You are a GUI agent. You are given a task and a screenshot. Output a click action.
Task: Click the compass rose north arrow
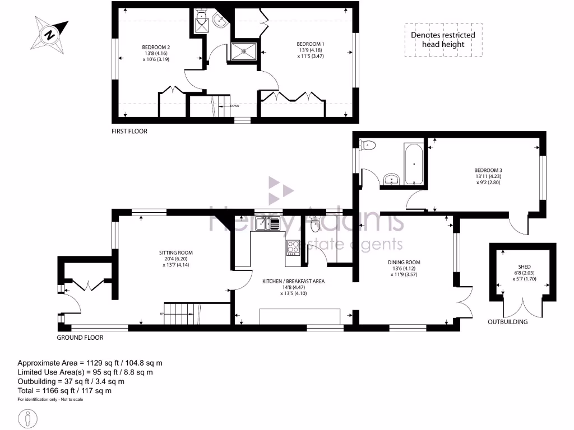[50, 34]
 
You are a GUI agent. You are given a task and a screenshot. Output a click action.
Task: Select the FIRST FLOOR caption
[129, 131]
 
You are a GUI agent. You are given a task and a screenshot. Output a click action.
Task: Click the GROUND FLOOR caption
[80, 338]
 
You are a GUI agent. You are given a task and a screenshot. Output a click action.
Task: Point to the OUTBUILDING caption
[507, 322]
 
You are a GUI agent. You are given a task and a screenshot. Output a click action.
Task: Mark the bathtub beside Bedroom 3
[414, 163]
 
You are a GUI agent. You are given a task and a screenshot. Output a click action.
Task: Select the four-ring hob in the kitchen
[293, 247]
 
